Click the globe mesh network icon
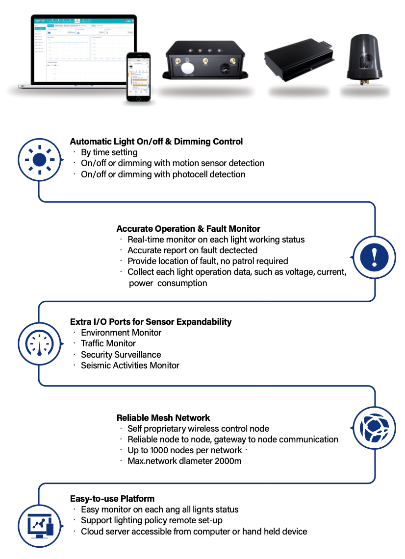pyautogui.click(x=374, y=428)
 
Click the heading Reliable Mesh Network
pyautogui.click(x=163, y=418)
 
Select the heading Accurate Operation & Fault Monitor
pyautogui.click(x=188, y=229)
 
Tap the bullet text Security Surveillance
pyautogui.click(x=121, y=354)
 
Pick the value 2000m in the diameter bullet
pyautogui.click(x=228, y=461)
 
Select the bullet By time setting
pyautogui.click(x=109, y=153)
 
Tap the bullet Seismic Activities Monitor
pyautogui.click(x=130, y=365)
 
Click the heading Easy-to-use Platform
pyautogui.click(x=112, y=499)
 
